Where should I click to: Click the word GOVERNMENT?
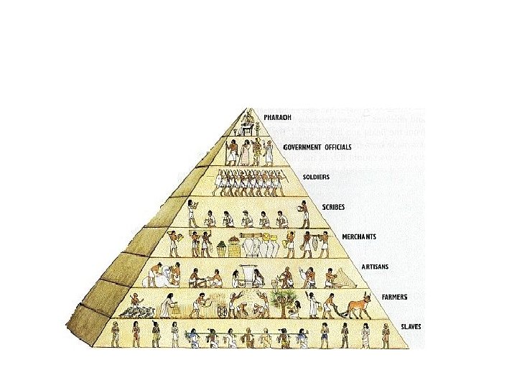pos(300,147)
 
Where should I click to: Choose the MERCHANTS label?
pos(360,236)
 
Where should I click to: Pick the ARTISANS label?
pos(374,267)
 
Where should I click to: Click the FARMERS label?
pos(396,296)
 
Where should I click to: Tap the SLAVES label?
pos(411,326)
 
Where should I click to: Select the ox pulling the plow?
pos(357,308)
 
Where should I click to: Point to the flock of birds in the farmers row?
pos(139,311)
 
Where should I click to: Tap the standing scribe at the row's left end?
pos(191,213)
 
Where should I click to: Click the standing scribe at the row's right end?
pos(304,213)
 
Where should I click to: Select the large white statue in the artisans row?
pos(165,276)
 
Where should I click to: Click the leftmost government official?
pos(231,152)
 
